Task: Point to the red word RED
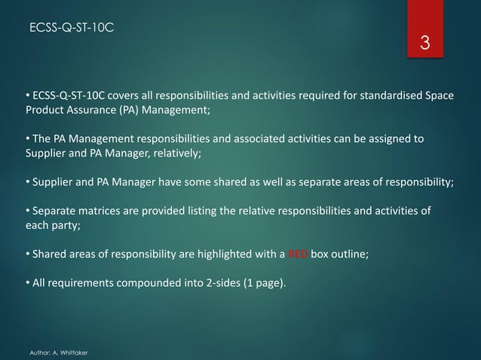[x=298, y=254]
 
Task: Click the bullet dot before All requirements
[x=27, y=284]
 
